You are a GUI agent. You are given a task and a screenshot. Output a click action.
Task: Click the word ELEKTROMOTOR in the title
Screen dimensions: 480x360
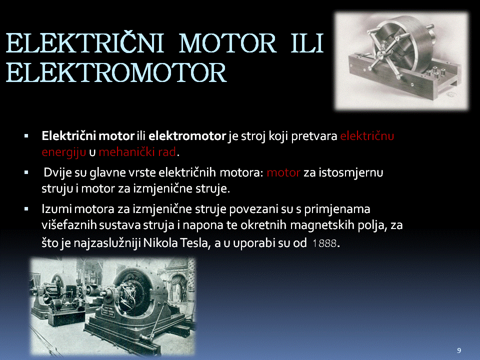(116, 73)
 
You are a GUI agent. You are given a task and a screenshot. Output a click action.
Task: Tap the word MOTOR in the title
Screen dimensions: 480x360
(228, 43)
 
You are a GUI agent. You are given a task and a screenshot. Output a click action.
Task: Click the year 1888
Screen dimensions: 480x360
(324, 243)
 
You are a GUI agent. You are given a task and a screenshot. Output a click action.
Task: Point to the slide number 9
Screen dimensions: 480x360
(458, 350)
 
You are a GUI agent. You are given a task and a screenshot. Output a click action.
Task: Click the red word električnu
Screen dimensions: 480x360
(366, 136)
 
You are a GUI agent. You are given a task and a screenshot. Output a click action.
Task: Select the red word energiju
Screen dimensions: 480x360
(63, 152)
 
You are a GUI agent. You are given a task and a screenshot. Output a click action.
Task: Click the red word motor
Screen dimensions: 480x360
(283, 172)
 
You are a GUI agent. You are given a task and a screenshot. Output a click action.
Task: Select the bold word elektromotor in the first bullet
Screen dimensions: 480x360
(187, 136)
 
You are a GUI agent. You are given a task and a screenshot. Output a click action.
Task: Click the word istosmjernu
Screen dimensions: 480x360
(351, 172)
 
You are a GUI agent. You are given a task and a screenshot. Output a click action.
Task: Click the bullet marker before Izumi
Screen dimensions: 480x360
(26, 209)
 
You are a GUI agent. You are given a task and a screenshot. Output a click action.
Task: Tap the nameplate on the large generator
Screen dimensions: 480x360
(108, 311)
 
